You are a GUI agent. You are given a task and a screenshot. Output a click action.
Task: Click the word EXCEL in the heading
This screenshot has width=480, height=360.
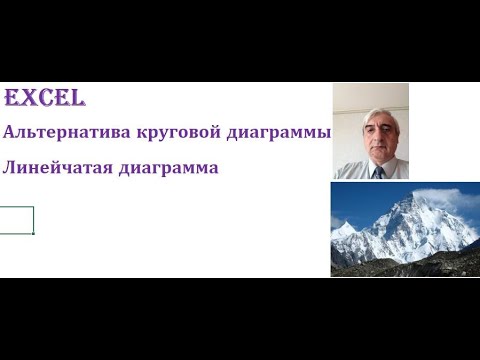click(x=45, y=99)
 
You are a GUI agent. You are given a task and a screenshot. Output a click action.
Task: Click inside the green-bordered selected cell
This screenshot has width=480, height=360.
click(x=17, y=220)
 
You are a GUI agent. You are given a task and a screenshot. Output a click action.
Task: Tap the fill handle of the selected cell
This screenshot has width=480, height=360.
click(x=34, y=233)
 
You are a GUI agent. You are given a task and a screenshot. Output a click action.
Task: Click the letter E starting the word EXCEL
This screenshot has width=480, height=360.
click(x=11, y=99)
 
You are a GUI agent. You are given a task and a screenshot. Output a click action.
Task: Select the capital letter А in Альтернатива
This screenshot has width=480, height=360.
click(x=10, y=134)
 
